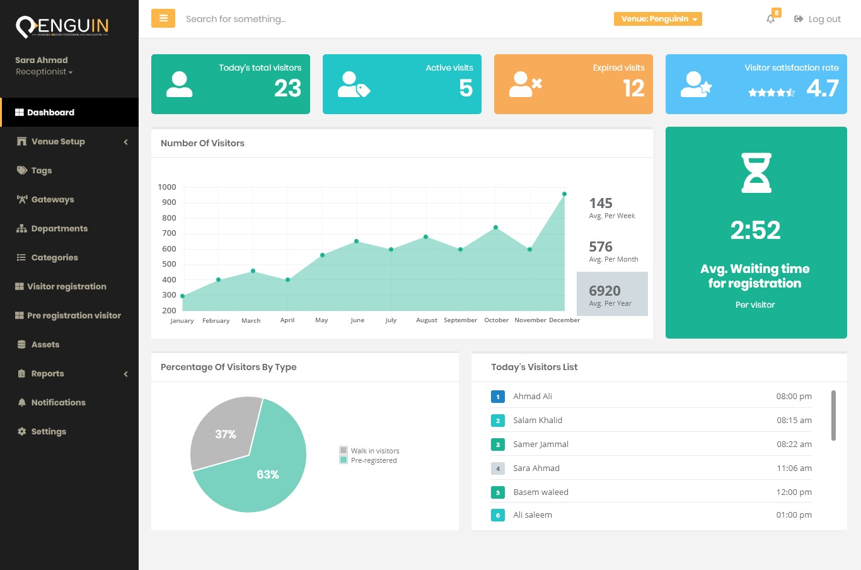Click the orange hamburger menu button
[x=163, y=18]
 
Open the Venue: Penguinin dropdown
[x=657, y=19]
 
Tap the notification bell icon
[x=770, y=19]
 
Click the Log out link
[x=818, y=19]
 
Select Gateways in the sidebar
[x=52, y=199]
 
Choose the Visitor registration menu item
[x=66, y=286]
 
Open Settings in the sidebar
[x=49, y=431]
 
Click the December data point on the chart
[x=564, y=194]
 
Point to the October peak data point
[x=495, y=228]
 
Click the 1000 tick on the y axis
[x=167, y=187]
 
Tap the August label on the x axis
[x=427, y=320]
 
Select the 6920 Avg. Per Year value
[x=605, y=291]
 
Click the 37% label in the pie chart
[x=226, y=434]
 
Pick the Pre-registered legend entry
[x=373, y=460]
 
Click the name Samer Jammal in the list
[x=541, y=445]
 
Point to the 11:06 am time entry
[x=794, y=468]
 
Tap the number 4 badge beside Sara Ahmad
[x=498, y=468]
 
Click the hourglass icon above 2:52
[x=756, y=173]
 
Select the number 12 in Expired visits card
[x=633, y=88]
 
